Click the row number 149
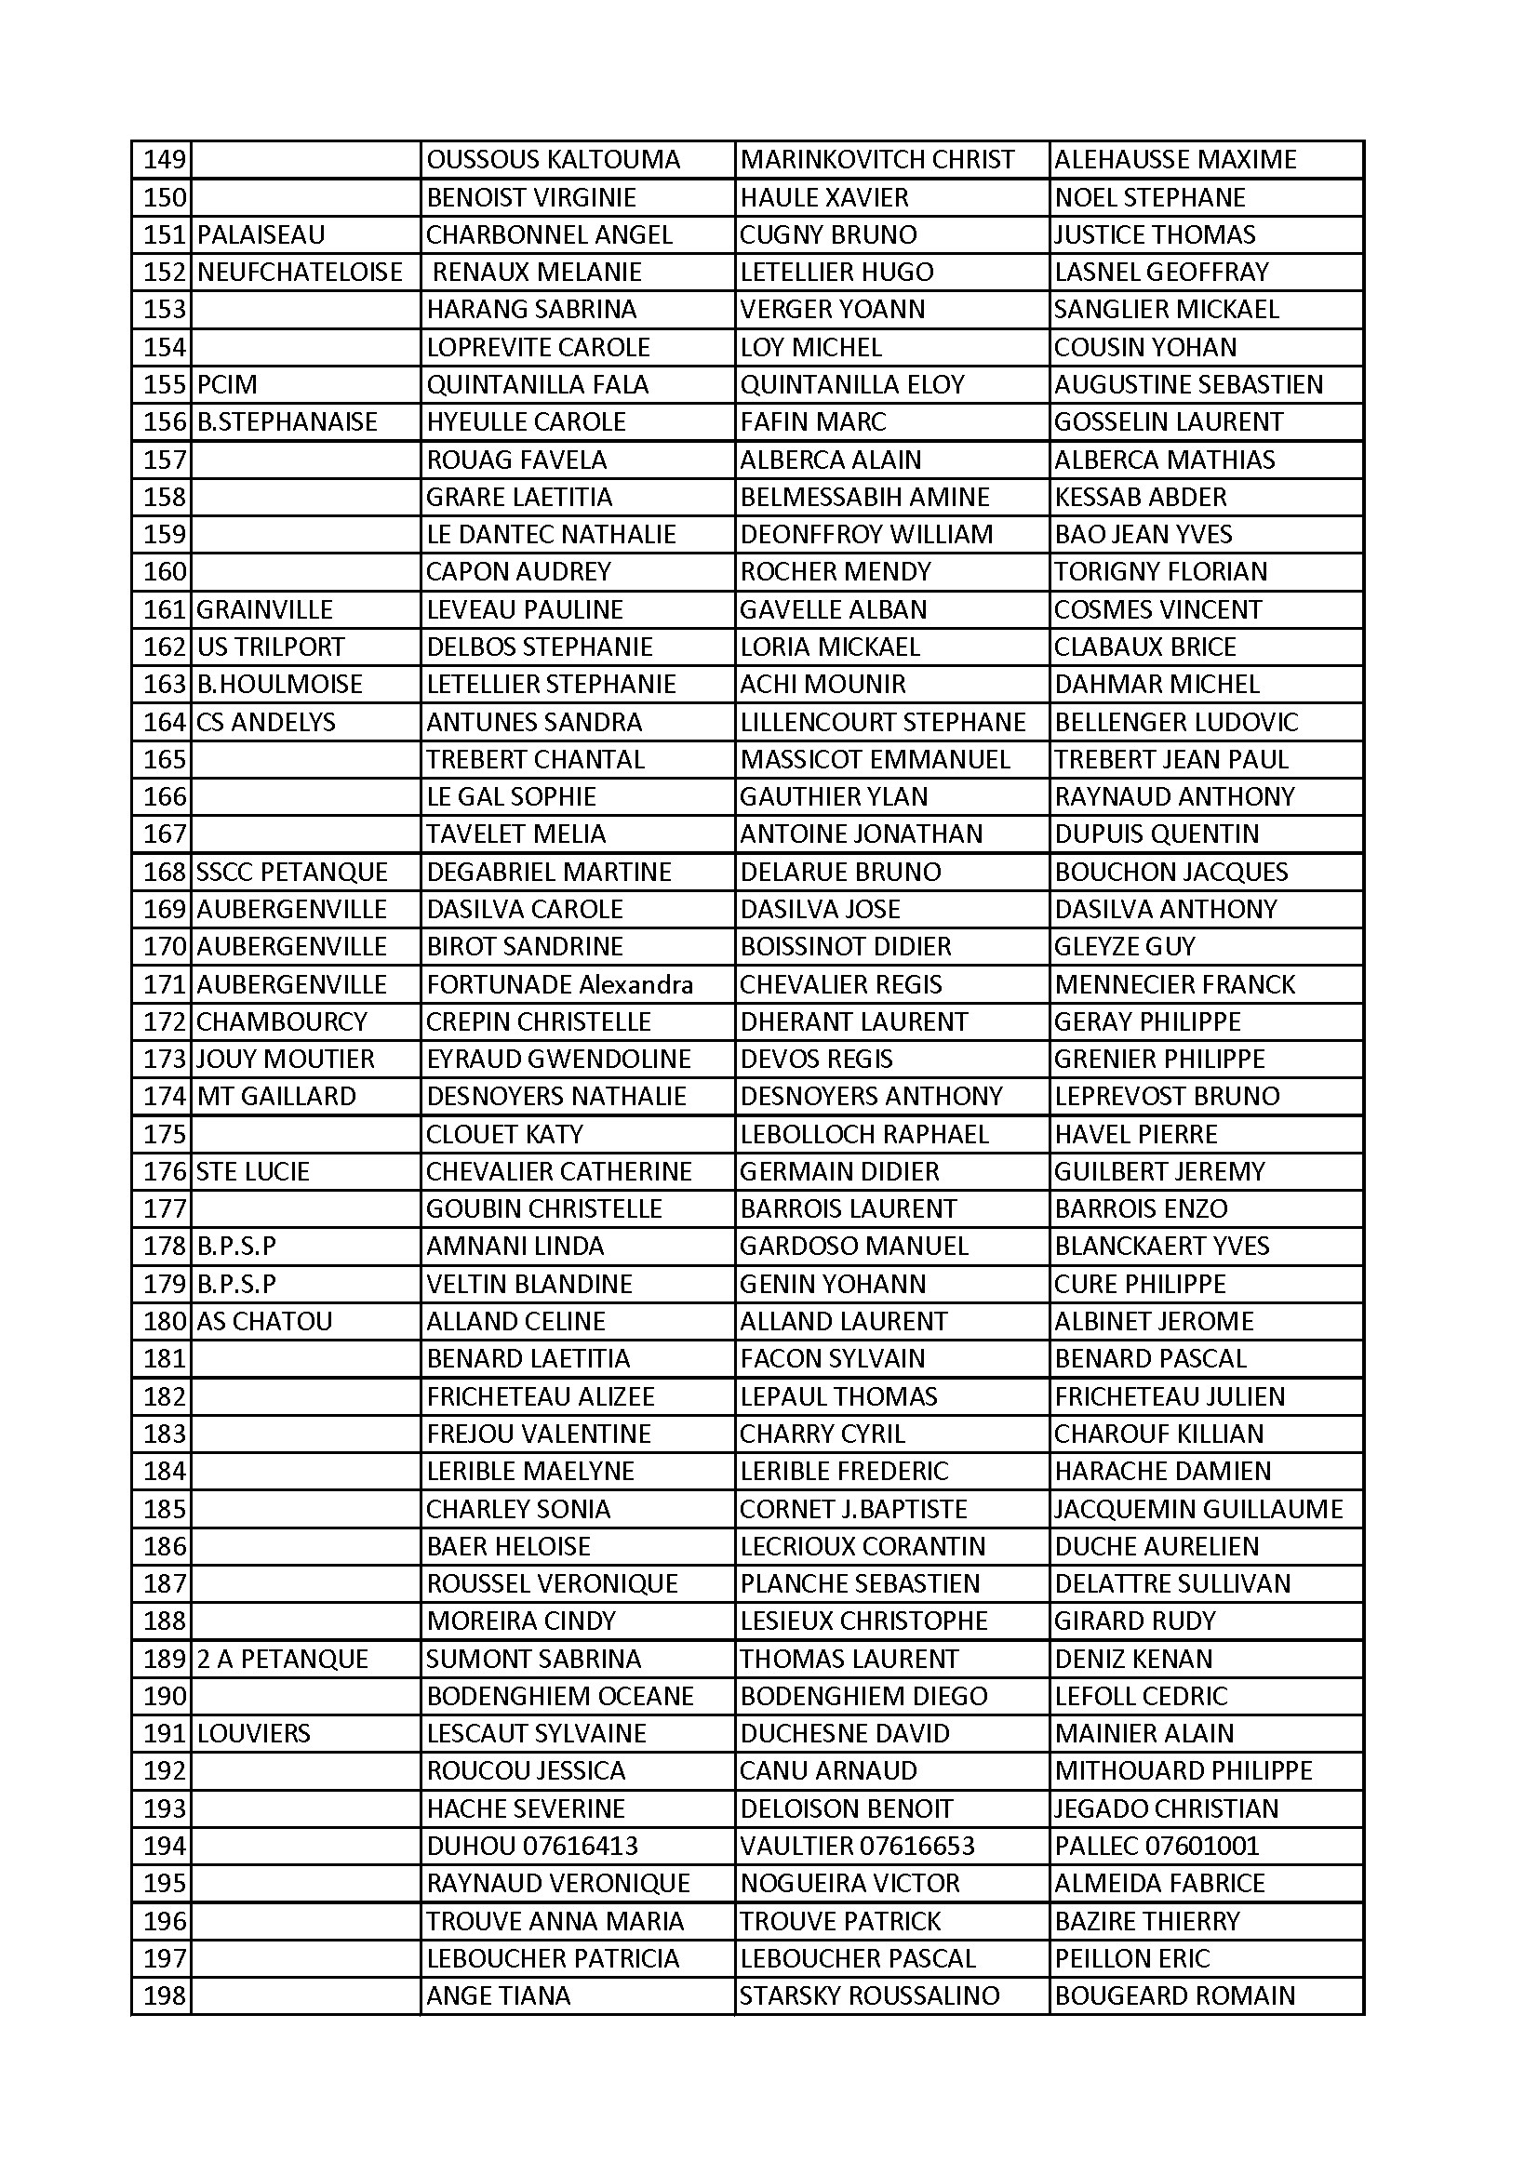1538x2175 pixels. tap(164, 160)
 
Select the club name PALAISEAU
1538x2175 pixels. tap(261, 235)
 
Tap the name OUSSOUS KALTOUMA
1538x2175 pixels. tap(554, 160)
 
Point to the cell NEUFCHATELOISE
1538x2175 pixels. tap(300, 273)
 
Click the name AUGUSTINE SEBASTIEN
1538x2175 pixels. tap(1188, 384)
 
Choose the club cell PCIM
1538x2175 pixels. tap(227, 384)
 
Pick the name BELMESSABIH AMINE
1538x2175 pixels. tap(864, 498)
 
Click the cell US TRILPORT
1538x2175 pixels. tap(271, 647)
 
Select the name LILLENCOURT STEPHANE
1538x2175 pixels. tap(882, 722)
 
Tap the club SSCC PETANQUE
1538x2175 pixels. tap(292, 872)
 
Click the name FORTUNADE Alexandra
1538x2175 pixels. tap(560, 984)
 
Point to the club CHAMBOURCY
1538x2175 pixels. tap(281, 1022)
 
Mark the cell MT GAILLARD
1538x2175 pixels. tap(276, 1096)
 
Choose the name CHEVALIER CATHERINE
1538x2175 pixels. tap(559, 1172)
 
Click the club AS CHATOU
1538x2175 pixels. tap(264, 1322)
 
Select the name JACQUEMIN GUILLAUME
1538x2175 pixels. tap(1198, 1509)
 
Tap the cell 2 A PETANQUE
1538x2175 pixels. tap(283, 1659)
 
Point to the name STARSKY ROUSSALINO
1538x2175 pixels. tap(869, 1996)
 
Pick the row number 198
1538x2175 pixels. tap(164, 1996)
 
